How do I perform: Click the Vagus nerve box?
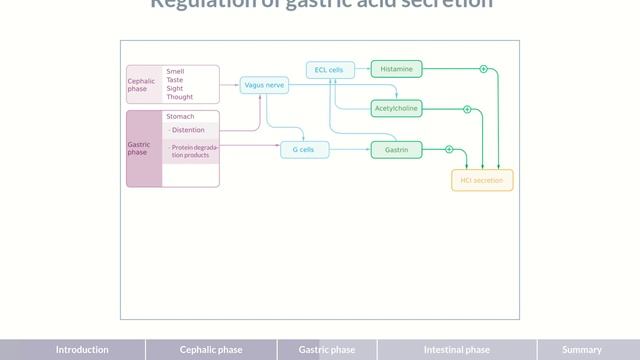coord(264,86)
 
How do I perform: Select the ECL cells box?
coord(329,70)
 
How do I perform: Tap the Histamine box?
coord(396,69)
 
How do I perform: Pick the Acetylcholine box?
coord(396,107)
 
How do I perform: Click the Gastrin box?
coord(396,150)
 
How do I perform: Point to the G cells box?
coord(303,150)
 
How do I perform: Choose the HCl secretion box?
coord(482,181)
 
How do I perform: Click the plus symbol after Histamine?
coord(483,69)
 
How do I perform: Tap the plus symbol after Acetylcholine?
coord(467,107)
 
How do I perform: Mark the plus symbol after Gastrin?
coord(449,150)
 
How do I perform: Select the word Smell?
coord(175,71)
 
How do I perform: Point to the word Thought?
coord(180,97)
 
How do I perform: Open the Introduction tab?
coord(82,350)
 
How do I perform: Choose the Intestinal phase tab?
coord(457,350)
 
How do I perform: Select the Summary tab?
coord(582,350)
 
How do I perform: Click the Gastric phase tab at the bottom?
coord(327,350)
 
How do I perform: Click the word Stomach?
coord(181,117)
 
